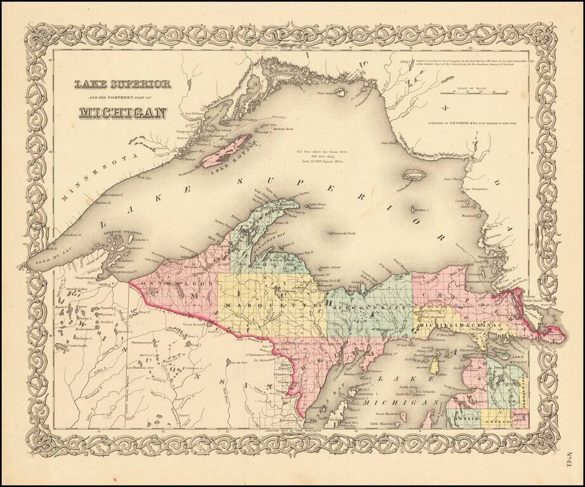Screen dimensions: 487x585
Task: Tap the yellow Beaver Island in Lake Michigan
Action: [x=435, y=366]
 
